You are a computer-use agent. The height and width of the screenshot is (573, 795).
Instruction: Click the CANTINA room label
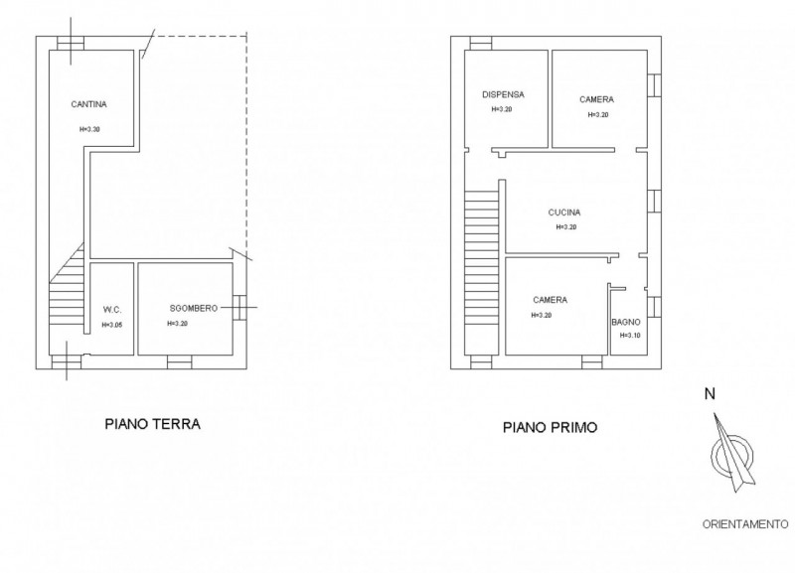coord(88,104)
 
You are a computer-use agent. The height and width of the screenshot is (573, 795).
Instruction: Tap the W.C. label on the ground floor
coord(112,310)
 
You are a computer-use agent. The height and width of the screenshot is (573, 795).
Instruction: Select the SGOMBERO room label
coord(193,308)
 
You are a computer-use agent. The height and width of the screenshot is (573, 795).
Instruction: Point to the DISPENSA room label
coord(503,94)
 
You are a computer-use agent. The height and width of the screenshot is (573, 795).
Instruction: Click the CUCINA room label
coord(564,213)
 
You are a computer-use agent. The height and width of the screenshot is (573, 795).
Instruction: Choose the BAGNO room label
coord(626,322)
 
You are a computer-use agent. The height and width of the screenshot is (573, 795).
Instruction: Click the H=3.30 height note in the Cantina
coord(89,129)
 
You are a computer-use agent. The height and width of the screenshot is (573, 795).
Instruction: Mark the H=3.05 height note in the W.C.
coord(112,325)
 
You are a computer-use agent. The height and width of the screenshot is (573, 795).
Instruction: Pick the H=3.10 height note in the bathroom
coord(630,335)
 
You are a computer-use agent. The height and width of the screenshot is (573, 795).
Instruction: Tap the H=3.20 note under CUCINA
coord(566,227)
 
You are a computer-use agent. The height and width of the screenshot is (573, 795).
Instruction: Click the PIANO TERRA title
coord(152,424)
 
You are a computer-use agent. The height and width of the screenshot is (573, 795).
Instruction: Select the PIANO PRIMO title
coord(551,428)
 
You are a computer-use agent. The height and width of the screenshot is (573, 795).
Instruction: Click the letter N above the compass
coord(710,393)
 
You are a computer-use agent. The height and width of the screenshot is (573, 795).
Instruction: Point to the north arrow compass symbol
coord(731,453)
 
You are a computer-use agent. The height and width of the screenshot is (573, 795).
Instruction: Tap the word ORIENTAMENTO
coord(745,524)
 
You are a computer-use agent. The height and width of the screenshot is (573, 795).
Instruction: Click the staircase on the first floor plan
coord(482,272)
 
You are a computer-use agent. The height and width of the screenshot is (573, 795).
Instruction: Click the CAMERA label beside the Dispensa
coord(597,99)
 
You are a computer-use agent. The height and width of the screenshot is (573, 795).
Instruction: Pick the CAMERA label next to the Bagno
coord(551,300)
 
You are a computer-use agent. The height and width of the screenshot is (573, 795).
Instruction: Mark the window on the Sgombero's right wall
coord(239,308)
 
